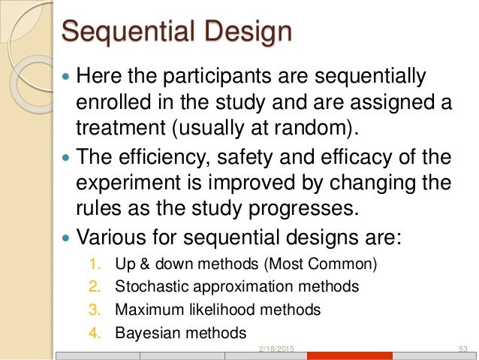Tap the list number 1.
point(93,264)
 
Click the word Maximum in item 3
point(147,309)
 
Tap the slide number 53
point(463,348)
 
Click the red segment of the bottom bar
point(350,356)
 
